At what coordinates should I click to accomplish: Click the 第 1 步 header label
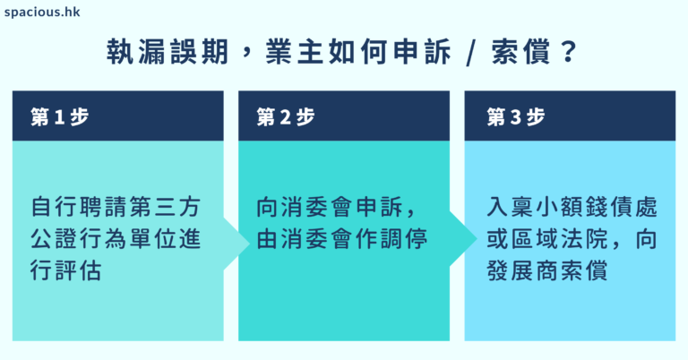tap(59, 116)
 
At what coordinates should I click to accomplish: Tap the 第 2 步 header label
tap(285, 116)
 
